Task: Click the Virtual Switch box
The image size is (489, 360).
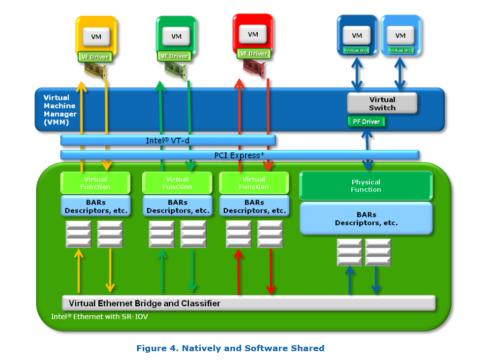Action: click(x=382, y=103)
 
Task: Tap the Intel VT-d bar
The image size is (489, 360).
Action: click(x=167, y=141)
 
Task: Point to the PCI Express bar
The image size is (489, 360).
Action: click(x=240, y=155)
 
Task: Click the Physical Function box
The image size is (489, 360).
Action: click(x=366, y=186)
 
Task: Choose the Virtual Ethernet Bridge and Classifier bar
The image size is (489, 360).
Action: click(x=248, y=303)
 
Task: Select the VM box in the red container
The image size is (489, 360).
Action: click(x=253, y=34)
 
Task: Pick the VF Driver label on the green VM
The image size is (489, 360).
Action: click(x=175, y=56)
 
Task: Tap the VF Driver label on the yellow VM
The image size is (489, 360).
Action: click(x=95, y=57)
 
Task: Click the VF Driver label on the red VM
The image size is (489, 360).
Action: click(x=253, y=54)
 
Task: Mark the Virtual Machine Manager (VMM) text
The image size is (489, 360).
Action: click(x=60, y=110)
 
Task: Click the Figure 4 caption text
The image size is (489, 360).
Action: click(x=230, y=348)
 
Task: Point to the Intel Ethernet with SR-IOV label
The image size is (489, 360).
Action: click(x=99, y=317)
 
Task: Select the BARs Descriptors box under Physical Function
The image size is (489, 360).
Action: click(x=366, y=219)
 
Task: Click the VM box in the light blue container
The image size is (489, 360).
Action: click(x=400, y=35)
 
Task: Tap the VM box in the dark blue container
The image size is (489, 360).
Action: click(x=357, y=35)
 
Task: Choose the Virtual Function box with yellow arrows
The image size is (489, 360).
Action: click(x=95, y=182)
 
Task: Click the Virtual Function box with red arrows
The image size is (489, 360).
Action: click(x=253, y=182)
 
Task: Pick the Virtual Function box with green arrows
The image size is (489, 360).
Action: click(x=177, y=182)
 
